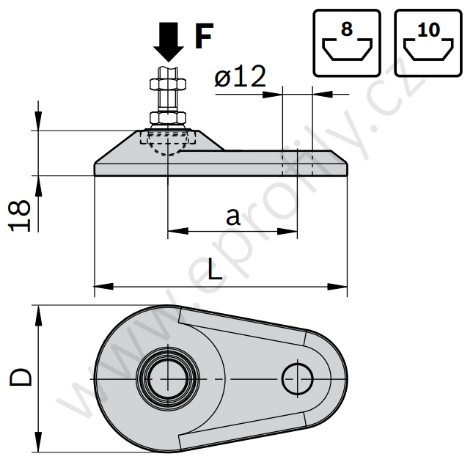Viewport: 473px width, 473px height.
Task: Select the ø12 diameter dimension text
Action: coord(240,77)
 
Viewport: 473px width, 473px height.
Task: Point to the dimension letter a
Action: coord(232,216)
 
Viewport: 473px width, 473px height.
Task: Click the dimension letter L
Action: coord(214,270)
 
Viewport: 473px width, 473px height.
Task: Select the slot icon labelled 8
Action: coord(347,43)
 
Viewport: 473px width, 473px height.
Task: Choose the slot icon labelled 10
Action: coord(427,43)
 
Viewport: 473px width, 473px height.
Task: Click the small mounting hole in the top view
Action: coord(298,377)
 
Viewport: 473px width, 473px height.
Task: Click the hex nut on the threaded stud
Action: coord(169,117)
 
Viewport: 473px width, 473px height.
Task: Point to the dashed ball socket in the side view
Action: coord(168,144)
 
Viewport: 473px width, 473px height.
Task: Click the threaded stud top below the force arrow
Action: coord(169,73)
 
